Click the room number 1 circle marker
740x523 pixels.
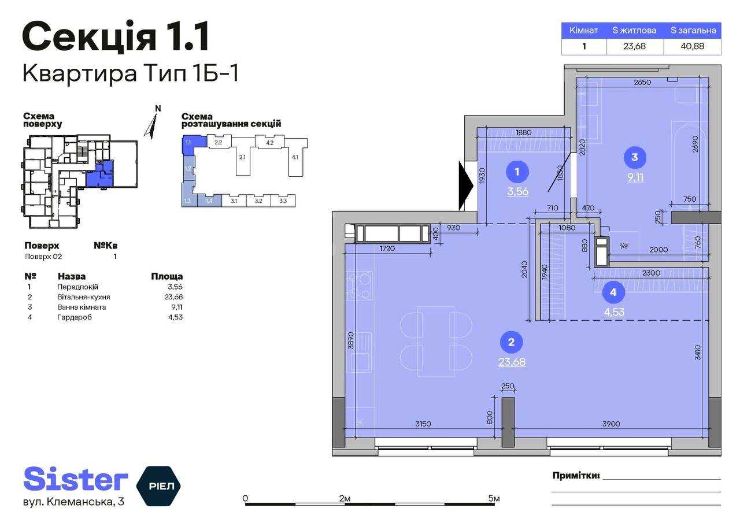[x=517, y=172]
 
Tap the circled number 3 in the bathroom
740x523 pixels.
[x=635, y=157]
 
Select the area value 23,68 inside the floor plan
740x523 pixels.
[x=512, y=362]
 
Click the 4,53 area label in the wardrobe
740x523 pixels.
[x=614, y=312]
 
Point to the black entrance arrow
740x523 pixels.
[x=466, y=186]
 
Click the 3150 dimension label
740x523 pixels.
[x=423, y=424]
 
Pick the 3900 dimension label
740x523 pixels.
[x=611, y=424]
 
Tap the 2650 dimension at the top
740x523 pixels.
[x=642, y=82]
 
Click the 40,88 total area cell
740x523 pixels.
[x=693, y=46]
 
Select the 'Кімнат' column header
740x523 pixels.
[x=584, y=31]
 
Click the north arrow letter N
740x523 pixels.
[x=158, y=108]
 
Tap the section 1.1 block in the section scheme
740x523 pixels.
[x=193, y=144]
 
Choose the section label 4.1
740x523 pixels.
[x=295, y=157]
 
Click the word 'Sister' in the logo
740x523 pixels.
[x=76, y=479]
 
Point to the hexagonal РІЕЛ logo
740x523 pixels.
[x=158, y=486]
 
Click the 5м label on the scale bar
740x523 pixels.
[x=494, y=498]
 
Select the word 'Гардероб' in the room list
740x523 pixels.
[x=75, y=317]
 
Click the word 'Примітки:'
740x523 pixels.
[x=576, y=476]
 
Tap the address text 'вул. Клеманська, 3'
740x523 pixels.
[x=73, y=502]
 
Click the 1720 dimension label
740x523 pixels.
[x=387, y=248]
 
